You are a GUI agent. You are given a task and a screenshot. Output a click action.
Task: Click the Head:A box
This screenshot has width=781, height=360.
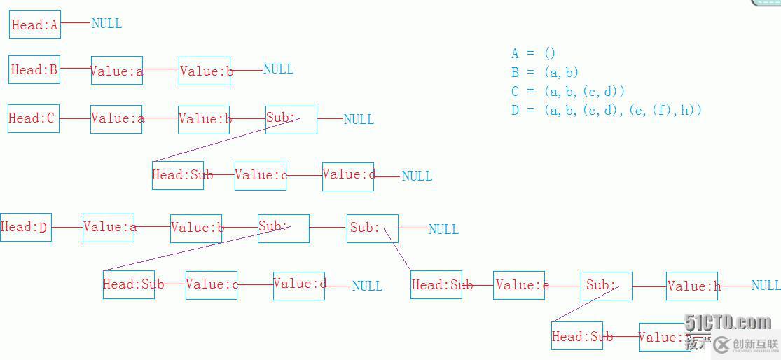pyautogui.click(x=35, y=25)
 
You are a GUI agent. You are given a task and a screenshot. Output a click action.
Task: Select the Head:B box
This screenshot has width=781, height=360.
pyautogui.click(x=34, y=70)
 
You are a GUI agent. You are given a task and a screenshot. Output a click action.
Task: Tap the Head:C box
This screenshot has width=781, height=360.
pyautogui.click(x=33, y=118)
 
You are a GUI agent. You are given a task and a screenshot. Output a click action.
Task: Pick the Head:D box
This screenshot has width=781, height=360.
pyautogui.click(x=26, y=228)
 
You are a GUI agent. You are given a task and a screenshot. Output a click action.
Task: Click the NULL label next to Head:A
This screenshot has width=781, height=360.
pyautogui.click(x=106, y=24)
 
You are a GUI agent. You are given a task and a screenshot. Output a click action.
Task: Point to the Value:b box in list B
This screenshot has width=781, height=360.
pyautogui.click(x=205, y=71)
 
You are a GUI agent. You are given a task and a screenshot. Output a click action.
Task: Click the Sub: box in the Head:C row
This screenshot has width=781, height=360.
pyautogui.click(x=291, y=119)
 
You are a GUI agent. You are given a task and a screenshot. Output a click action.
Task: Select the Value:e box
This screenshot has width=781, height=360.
pyautogui.click(x=519, y=286)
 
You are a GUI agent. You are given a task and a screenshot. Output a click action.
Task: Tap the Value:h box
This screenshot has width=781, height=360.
pyautogui.click(x=692, y=286)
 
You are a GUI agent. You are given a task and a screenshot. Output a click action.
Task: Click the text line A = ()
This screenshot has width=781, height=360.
pyautogui.click(x=533, y=54)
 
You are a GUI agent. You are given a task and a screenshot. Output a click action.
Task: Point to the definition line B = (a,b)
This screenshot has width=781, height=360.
pyautogui.click(x=545, y=72)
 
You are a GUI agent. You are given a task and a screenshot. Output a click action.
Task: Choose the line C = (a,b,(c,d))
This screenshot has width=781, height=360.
pyautogui.click(x=567, y=91)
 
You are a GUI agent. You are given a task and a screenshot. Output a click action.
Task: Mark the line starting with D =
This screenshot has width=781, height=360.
pyautogui.click(x=606, y=110)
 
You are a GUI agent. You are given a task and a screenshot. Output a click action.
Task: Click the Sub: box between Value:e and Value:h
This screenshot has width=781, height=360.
pyautogui.click(x=607, y=286)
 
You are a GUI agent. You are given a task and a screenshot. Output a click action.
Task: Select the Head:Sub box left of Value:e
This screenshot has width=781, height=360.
pyautogui.click(x=436, y=285)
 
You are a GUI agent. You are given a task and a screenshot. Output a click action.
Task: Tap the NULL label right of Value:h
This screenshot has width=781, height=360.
pyautogui.click(x=766, y=286)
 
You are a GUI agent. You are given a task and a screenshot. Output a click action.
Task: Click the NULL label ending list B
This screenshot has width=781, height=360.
pyautogui.click(x=278, y=69)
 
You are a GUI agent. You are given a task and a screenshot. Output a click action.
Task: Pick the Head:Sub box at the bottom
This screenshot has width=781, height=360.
pyautogui.click(x=577, y=337)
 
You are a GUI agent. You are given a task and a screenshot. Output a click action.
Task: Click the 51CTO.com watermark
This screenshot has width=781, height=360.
pyautogui.click(x=728, y=322)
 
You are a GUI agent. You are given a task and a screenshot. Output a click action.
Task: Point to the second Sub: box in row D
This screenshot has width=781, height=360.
pyautogui.click(x=373, y=228)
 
